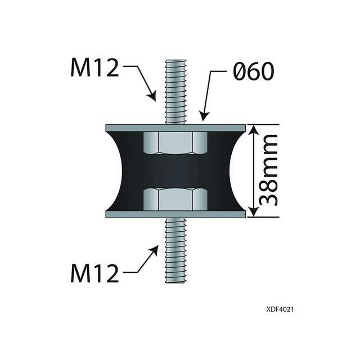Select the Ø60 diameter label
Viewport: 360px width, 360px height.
tap(251, 71)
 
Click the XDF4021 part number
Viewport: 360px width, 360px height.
tap(281, 309)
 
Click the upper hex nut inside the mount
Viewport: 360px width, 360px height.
tap(175, 143)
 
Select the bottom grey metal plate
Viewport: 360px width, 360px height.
tap(175, 214)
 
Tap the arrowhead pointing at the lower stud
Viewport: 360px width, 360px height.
tap(155, 249)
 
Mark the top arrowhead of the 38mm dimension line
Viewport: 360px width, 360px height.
tap(254, 129)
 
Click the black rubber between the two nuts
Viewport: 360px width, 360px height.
tap(175, 171)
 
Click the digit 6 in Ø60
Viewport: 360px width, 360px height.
tap(252, 71)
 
